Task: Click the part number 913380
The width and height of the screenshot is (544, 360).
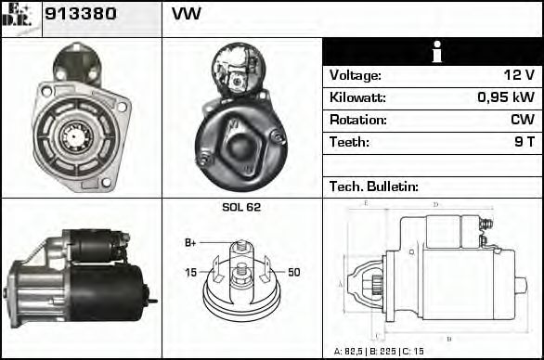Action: coord(81,14)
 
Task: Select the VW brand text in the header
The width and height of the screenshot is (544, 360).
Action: coord(187,14)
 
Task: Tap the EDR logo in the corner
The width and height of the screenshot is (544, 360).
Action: coord(17,16)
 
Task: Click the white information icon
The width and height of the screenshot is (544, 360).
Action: coord(437,52)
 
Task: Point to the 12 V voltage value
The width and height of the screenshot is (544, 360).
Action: coord(519,75)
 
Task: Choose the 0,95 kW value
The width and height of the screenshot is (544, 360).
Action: coord(506,97)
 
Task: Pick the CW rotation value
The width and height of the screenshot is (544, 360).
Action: coord(523,120)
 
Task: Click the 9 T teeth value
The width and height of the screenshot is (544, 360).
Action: coord(525,142)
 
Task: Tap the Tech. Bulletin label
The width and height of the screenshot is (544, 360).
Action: coord(374,186)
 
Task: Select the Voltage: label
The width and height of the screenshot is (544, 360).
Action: coord(355,75)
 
